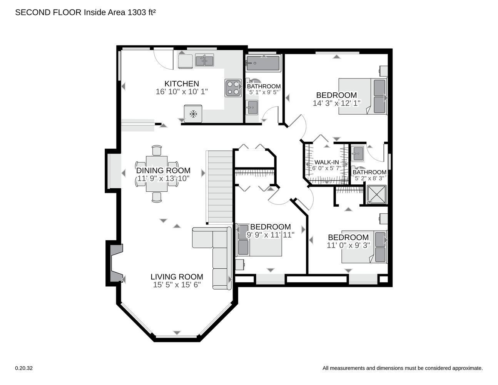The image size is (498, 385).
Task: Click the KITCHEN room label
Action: (182, 84)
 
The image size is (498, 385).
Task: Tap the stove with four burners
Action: (233, 88)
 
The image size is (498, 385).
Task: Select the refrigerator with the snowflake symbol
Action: (193, 114)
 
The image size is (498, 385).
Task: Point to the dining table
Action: (157, 174)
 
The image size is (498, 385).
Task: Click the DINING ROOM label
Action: (163, 171)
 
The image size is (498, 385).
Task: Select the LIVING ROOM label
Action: (177, 277)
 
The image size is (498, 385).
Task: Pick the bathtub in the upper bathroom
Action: (263, 63)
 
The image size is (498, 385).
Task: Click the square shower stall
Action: (376, 194)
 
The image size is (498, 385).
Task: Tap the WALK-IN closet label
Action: (327, 162)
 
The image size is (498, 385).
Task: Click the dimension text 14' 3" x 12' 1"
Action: (337, 103)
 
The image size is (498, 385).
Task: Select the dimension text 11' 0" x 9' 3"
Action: (348, 245)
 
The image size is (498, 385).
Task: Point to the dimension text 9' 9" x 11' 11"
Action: (271, 235)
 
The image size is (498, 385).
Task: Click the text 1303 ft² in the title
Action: (141, 12)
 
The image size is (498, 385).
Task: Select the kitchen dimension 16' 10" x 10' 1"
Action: (182, 92)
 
